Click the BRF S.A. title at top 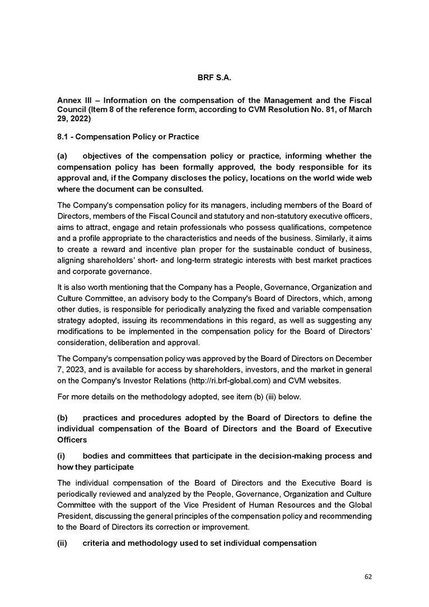coord(214,77)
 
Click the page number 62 coord(368,576)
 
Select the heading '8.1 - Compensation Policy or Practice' coord(128,137)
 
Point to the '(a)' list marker coord(62,155)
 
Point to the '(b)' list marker coord(62,418)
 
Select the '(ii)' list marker coord(62,543)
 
